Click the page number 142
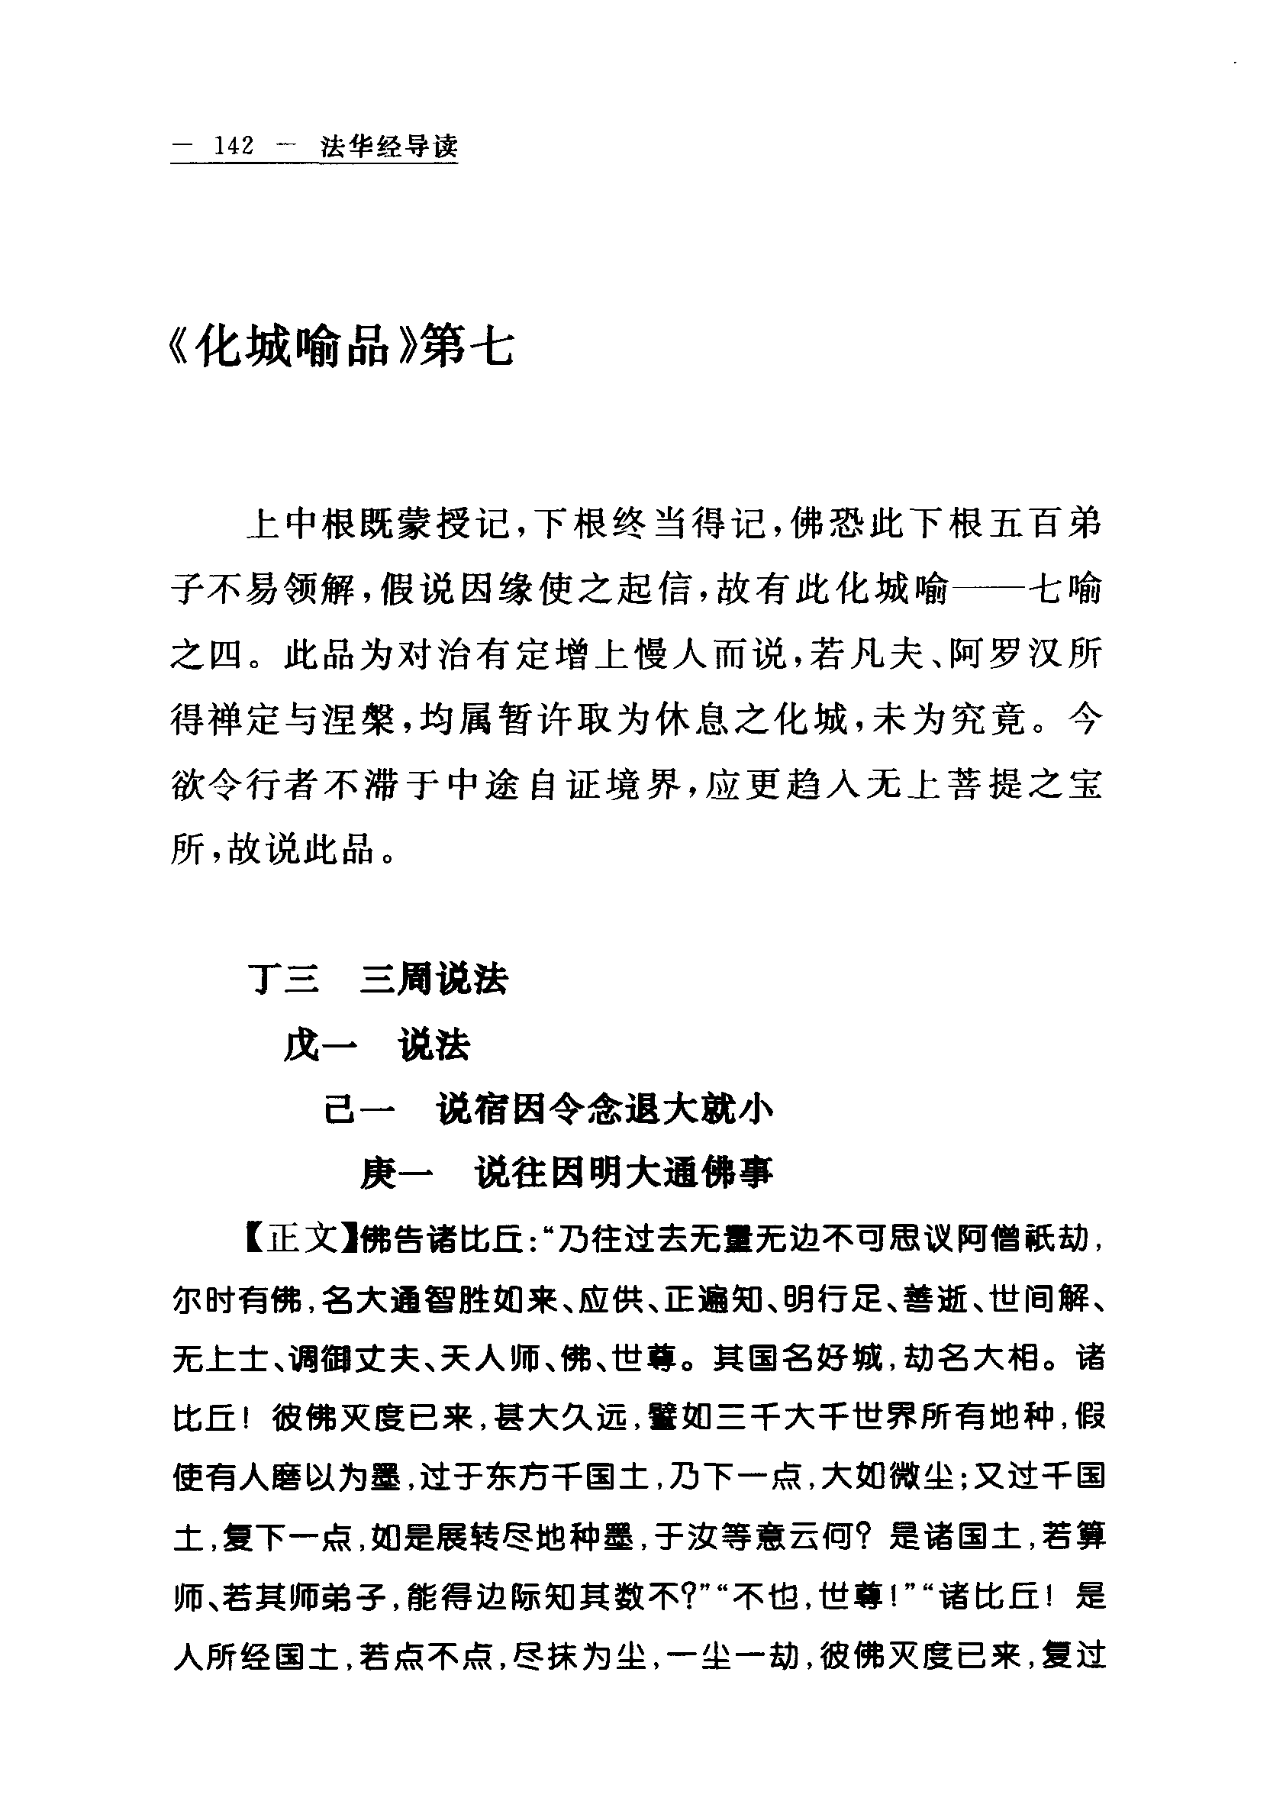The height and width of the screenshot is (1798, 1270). (235, 147)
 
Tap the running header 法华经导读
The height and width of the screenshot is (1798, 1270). (389, 147)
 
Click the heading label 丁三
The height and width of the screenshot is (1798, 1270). (283, 980)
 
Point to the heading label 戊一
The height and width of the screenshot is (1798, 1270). (321, 1045)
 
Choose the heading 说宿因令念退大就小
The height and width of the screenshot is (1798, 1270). (605, 1109)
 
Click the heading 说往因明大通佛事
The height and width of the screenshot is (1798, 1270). (624, 1172)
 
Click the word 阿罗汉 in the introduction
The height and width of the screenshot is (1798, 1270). (988, 654)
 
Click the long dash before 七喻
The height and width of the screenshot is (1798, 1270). (991, 589)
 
